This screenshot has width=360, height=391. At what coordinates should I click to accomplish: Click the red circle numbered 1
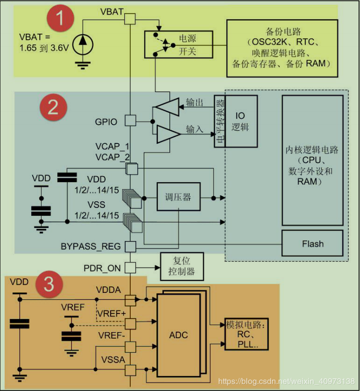(60, 20)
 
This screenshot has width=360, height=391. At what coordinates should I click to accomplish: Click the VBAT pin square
(130, 19)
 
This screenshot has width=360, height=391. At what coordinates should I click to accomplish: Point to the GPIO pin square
(130, 121)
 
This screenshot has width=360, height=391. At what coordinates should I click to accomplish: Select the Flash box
(312, 244)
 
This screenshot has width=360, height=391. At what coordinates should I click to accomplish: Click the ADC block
(178, 335)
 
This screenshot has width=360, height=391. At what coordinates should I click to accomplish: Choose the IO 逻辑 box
(240, 121)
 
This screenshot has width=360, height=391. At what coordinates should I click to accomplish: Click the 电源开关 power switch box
(178, 45)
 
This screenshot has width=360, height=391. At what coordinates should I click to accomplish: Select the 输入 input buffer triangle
(168, 134)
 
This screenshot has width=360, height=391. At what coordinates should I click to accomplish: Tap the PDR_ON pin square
(130, 268)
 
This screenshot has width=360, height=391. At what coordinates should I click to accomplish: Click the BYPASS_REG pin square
(130, 247)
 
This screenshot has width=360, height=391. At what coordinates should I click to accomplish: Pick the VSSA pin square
(130, 370)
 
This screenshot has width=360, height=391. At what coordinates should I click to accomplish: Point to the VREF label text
(72, 307)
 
